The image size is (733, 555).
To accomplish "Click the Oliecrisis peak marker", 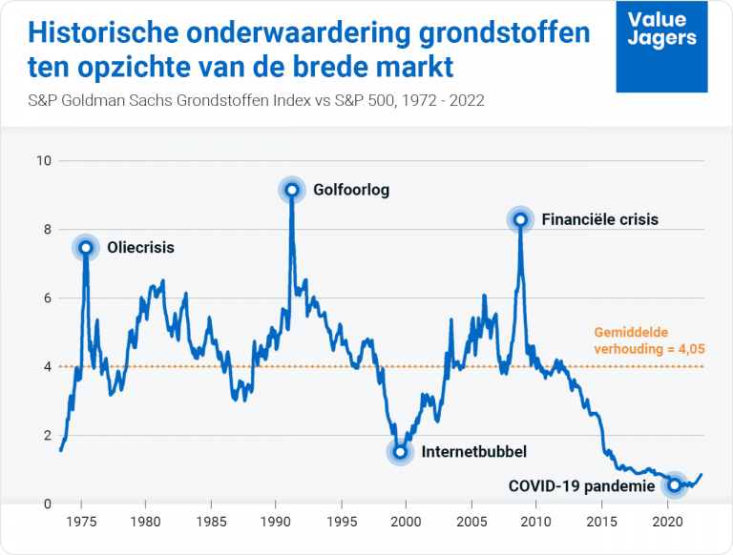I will point(86,248).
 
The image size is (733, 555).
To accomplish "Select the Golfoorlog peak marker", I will point(291,189).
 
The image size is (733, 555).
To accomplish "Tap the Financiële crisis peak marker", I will point(520,220).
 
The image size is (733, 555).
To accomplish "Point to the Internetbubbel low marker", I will point(401,451).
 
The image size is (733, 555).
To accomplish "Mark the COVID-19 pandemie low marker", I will point(675,485).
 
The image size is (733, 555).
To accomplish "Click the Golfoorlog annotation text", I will point(351,190).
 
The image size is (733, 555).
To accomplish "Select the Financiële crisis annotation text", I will point(599,219).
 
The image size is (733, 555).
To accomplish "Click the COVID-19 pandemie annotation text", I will point(581,485).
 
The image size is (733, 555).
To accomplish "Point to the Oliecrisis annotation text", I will point(141,248).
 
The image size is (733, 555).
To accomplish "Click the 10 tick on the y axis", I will point(43,160).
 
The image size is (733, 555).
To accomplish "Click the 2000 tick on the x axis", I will point(406,523).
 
